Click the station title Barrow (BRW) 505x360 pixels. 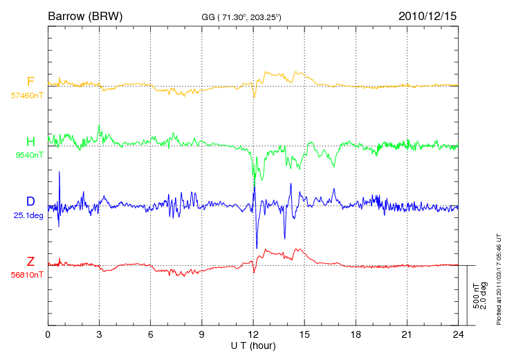[85, 16]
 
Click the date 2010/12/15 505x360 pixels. [428, 16]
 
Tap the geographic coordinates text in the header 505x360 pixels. [241, 17]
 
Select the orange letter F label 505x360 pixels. [30, 81]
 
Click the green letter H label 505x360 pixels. [30, 141]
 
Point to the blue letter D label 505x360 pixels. [30, 201]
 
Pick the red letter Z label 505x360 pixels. [30, 261]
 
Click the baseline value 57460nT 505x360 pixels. [27, 96]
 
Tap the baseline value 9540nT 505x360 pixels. [29, 155]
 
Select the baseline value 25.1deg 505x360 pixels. [28, 215]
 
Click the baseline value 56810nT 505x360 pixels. [27, 275]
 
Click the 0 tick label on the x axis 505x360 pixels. [48, 334]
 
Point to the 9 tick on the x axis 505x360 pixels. [201, 334]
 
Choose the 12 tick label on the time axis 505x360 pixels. [253, 334]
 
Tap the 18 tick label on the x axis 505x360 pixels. [356, 334]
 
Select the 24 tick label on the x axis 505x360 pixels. [458, 334]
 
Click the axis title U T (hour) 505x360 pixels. [253, 346]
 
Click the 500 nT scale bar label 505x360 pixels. [476, 296]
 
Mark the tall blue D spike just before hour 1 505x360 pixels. [59, 199]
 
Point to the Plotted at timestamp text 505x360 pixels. [499, 279]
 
